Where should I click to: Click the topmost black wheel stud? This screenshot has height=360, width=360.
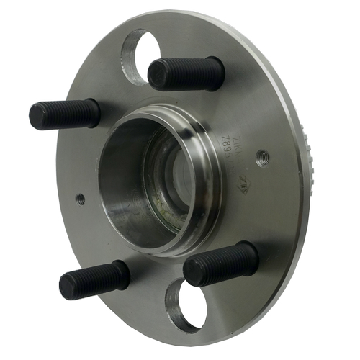tap(186, 73)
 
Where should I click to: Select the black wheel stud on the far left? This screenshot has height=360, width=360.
tap(65, 114)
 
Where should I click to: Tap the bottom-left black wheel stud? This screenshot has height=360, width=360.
tap(94, 279)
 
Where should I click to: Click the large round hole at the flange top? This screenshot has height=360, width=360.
tap(142, 54)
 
